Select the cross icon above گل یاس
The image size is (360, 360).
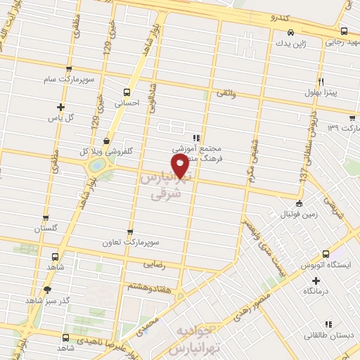(61, 108)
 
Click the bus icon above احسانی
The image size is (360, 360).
(127, 91)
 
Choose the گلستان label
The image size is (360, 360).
(46, 229)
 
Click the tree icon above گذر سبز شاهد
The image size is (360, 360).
(47, 289)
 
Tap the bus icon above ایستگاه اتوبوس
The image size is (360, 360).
(326, 254)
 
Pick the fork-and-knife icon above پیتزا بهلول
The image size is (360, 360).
(320, 81)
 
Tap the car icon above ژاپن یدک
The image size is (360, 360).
(290, 32)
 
